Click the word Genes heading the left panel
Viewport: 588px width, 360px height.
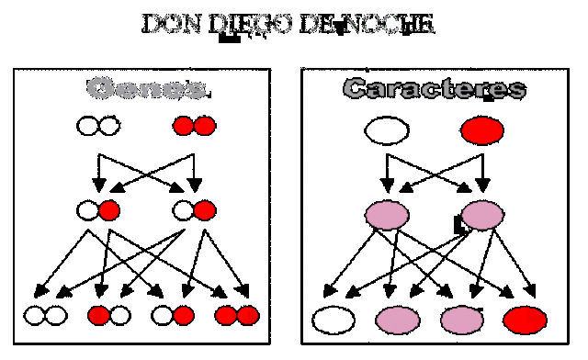tap(146, 89)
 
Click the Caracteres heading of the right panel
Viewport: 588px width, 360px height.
tap(435, 89)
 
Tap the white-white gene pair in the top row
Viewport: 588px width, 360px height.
tap(97, 125)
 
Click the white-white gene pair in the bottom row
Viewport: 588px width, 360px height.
tap(45, 316)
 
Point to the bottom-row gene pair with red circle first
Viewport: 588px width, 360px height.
tap(109, 316)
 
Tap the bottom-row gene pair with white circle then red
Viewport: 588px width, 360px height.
tap(173, 316)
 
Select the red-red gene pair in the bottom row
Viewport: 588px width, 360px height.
tap(237, 316)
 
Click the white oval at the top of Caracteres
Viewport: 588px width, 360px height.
tap(386, 130)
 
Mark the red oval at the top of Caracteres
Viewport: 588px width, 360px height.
tap(481, 130)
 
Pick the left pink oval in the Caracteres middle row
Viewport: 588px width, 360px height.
tap(387, 215)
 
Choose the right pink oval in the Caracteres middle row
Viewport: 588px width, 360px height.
tap(481, 215)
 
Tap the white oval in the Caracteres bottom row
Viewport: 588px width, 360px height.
tap(334, 320)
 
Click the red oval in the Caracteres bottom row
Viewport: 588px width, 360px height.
tap(525, 320)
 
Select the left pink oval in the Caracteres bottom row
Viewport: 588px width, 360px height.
tap(398, 320)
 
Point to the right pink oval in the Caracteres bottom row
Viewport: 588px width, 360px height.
tap(461, 320)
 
